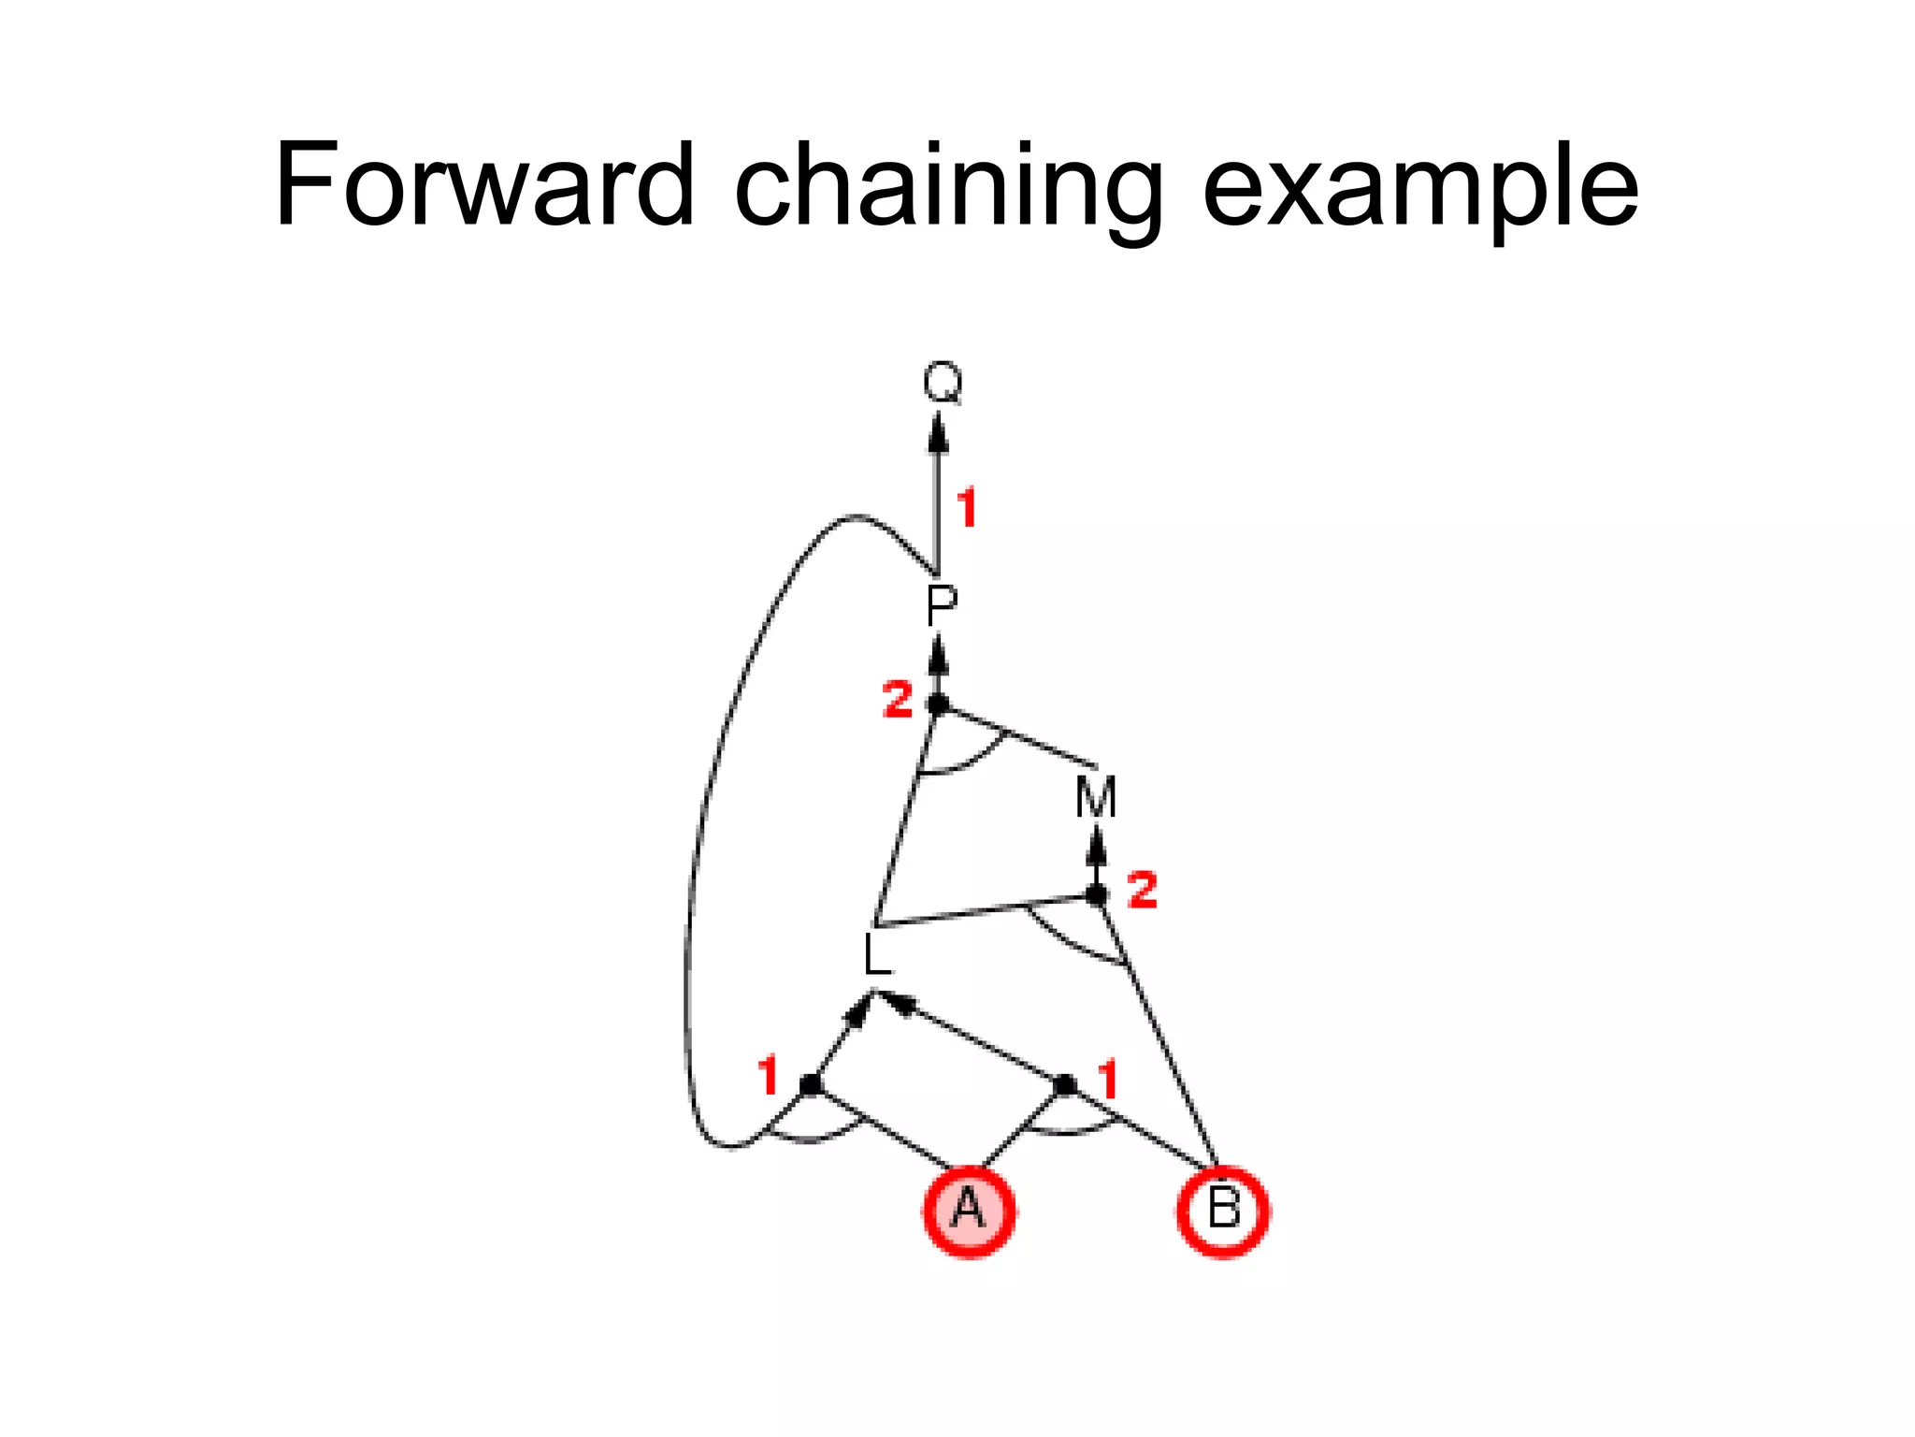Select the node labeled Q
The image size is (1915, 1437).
(x=942, y=384)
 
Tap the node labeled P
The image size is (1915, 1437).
(x=941, y=605)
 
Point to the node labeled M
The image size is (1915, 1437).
(x=1096, y=798)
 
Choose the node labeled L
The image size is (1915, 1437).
(x=876, y=956)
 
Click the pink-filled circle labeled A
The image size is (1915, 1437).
(x=970, y=1211)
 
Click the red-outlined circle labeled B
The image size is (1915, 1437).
(x=1223, y=1211)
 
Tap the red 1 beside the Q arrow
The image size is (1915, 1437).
(x=967, y=508)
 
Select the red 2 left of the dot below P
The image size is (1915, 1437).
(x=898, y=699)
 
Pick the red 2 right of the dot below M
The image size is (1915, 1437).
(x=1143, y=889)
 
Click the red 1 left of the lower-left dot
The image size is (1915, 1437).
(x=769, y=1075)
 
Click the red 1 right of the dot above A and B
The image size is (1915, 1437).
(x=1108, y=1080)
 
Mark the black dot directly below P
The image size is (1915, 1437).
(x=938, y=704)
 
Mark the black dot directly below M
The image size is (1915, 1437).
(x=1097, y=895)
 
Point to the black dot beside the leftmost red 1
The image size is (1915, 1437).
(x=811, y=1085)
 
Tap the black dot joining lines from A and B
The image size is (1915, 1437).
(x=1065, y=1085)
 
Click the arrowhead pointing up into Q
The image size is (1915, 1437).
(x=939, y=434)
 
